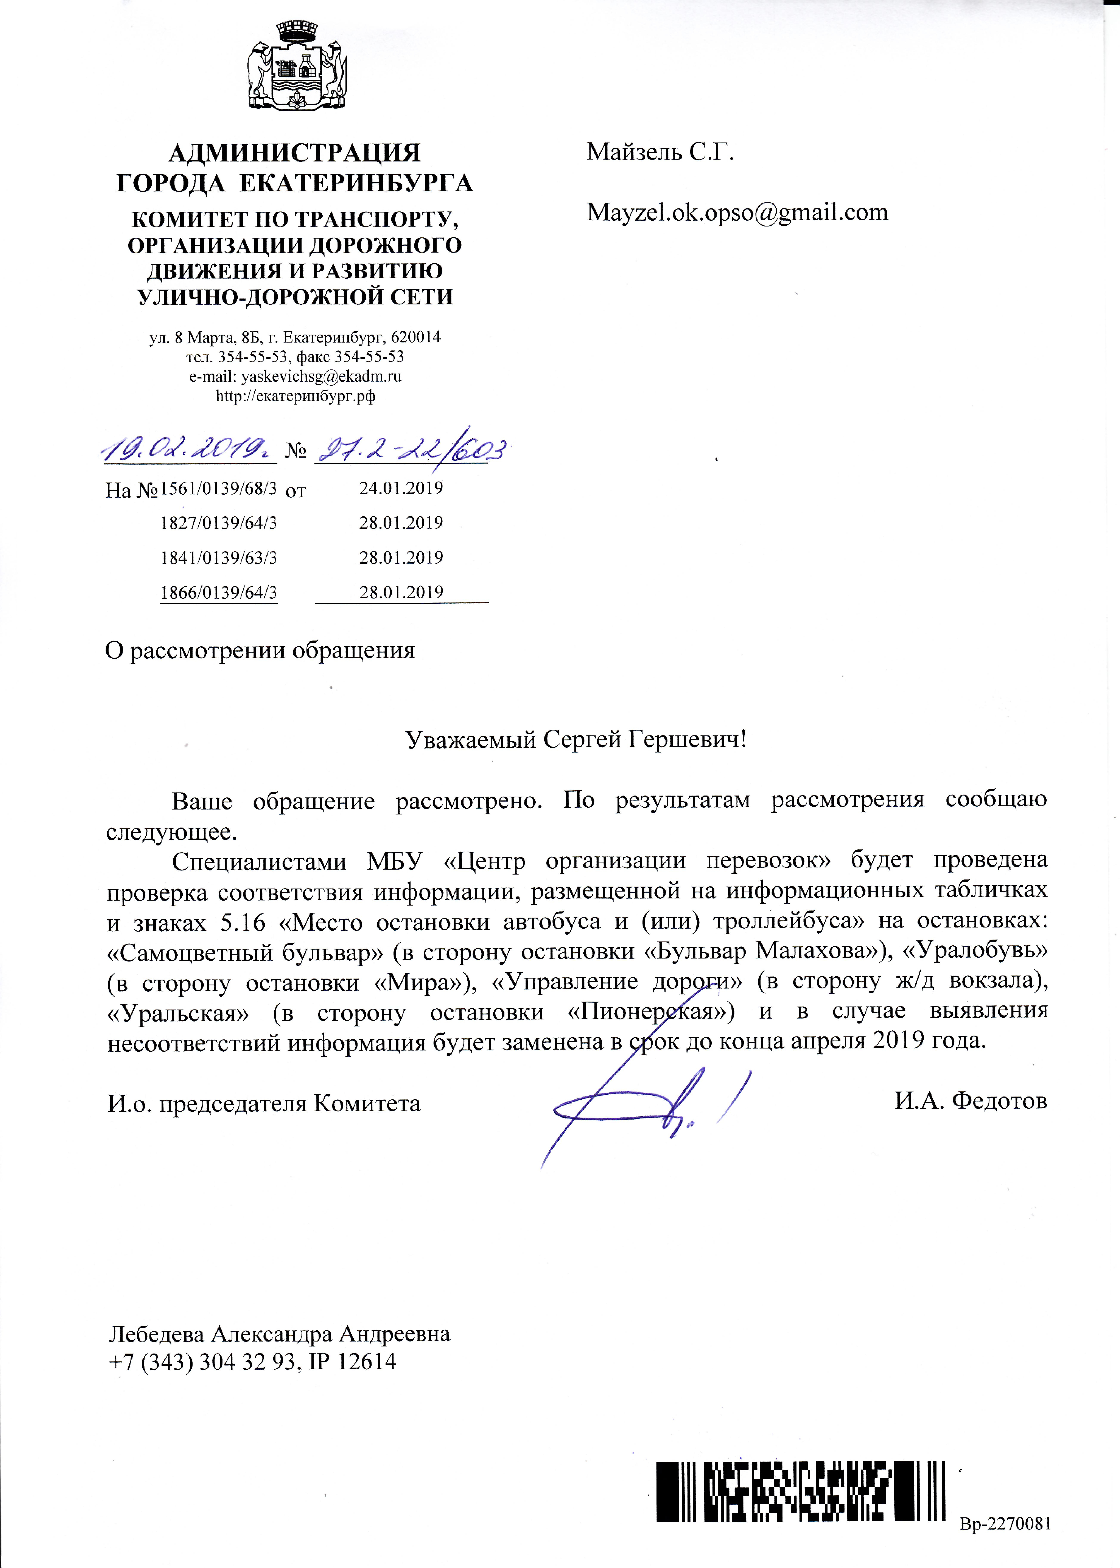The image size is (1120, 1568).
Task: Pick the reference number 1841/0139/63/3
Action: click(x=219, y=558)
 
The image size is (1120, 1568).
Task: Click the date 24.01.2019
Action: click(x=401, y=488)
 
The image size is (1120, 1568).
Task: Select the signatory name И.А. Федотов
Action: click(x=970, y=1101)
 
